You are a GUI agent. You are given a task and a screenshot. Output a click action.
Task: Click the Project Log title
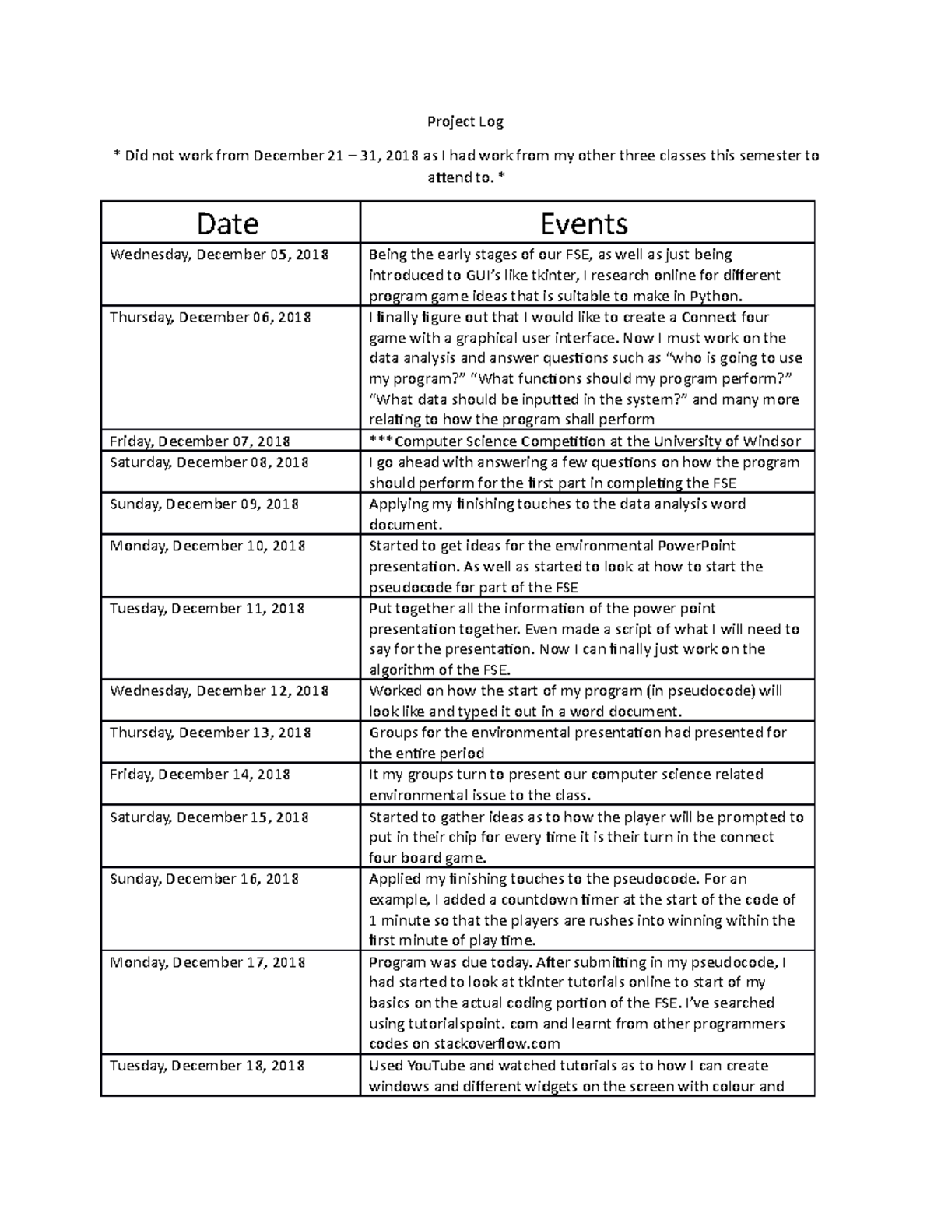[465, 122]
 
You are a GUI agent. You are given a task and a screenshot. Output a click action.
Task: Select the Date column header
[227, 224]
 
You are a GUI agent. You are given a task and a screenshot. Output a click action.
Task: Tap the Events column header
[584, 224]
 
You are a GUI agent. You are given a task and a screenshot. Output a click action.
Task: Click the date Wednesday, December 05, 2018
[219, 255]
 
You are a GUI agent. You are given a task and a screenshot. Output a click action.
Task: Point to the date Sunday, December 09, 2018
[204, 504]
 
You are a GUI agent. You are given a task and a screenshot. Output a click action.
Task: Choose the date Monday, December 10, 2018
[207, 546]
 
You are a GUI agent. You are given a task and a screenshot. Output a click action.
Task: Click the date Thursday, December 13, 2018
[210, 733]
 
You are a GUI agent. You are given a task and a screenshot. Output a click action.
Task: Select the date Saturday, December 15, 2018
[209, 817]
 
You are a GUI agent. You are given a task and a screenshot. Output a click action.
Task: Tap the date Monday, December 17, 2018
[207, 962]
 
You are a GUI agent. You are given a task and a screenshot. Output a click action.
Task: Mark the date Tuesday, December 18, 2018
[206, 1066]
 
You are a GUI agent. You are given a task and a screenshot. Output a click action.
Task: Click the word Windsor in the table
[771, 441]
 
